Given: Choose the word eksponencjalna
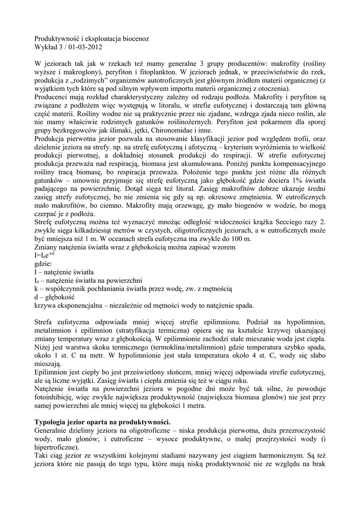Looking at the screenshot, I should coord(79,305).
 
